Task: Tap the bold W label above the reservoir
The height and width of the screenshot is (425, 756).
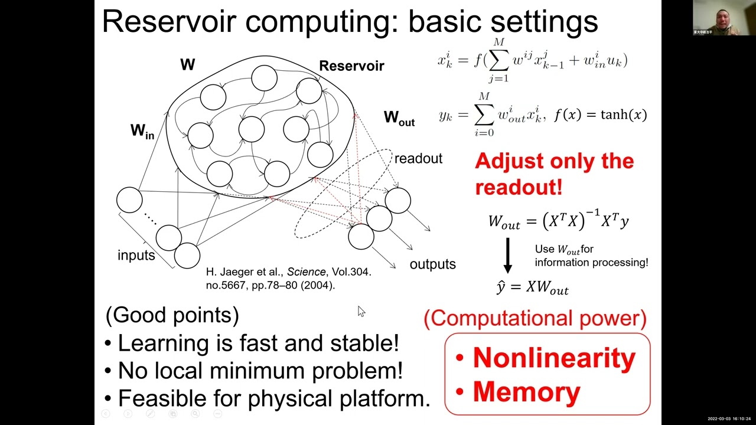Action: pos(187,65)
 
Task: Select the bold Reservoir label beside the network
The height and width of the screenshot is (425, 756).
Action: pos(351,66)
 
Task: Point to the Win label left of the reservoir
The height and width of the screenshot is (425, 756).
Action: pos(142,131)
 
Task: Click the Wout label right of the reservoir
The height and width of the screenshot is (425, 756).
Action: pos(399,118)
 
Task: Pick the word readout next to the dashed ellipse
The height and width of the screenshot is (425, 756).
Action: pos(418,159)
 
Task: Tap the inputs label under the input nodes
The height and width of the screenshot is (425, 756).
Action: pos(136,255)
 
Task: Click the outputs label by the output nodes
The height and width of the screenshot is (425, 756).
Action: pos(432,264)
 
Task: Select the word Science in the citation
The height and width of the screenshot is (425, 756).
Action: pos(306,272)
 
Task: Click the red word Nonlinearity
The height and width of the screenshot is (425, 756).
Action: pos(554,358)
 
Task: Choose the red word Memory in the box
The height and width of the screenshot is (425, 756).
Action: pos(526,392)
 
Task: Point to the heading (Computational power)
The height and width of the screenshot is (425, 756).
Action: pos(535,318)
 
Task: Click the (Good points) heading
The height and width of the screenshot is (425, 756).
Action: pos(172,315)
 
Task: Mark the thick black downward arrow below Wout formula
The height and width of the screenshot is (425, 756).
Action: pos(507,253)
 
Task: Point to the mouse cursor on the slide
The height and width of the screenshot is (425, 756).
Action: pos(361,311)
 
